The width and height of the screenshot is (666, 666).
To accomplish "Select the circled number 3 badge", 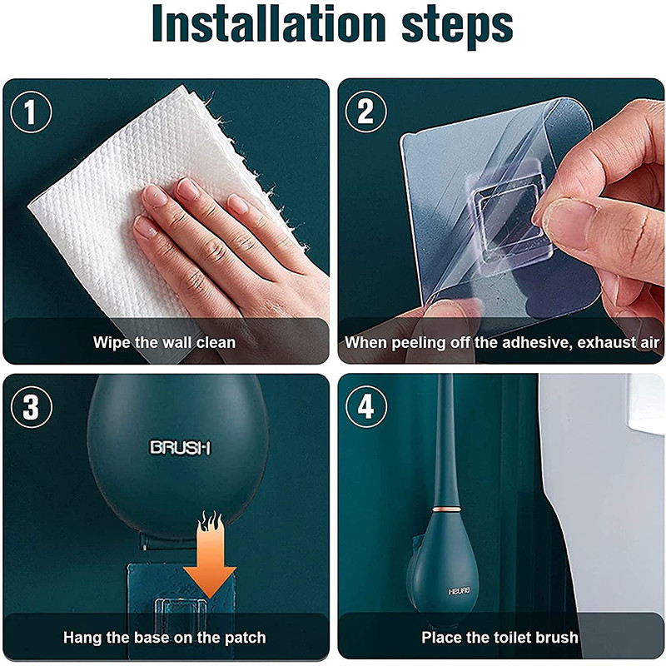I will [x=32, y=408].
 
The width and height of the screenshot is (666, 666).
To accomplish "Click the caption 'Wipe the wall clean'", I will [x=164, y=342].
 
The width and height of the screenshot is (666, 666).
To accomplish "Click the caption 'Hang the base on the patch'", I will [x=164, y=638].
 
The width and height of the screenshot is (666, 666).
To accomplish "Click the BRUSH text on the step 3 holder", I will [x=180, y=448].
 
